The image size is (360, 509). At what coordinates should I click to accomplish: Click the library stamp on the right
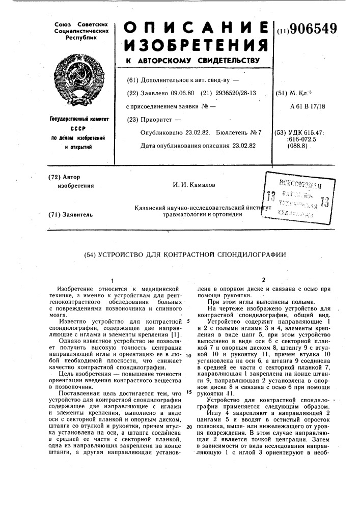coord(292,196)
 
